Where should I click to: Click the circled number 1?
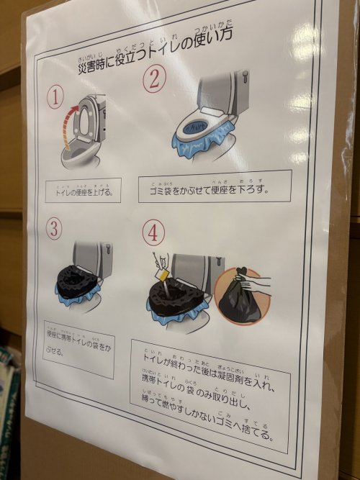pos(56,96)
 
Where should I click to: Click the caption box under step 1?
pos(83,191)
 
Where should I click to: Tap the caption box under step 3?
pos(78,349)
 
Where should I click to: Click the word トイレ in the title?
pos(189,48)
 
